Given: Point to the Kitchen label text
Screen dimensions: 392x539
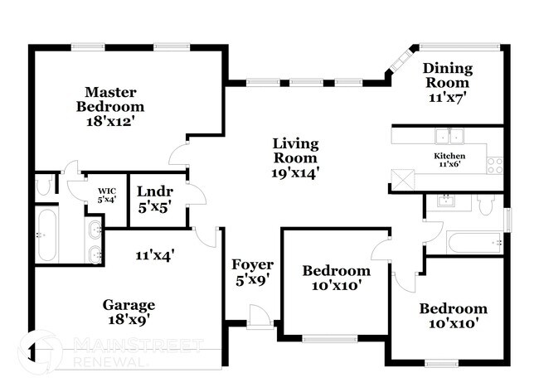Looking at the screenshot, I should click(x=449, y=156).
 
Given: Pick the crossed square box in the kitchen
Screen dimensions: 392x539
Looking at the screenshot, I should click(x=403, y=178).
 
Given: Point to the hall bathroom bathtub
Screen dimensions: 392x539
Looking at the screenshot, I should click(x=473, y=244).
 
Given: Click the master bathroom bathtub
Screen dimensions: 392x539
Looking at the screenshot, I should click(x=46, y=235).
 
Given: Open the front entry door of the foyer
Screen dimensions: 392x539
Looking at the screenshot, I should click(x=260, y=317).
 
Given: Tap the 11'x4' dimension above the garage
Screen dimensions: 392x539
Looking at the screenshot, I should click(x=154, y=255).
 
